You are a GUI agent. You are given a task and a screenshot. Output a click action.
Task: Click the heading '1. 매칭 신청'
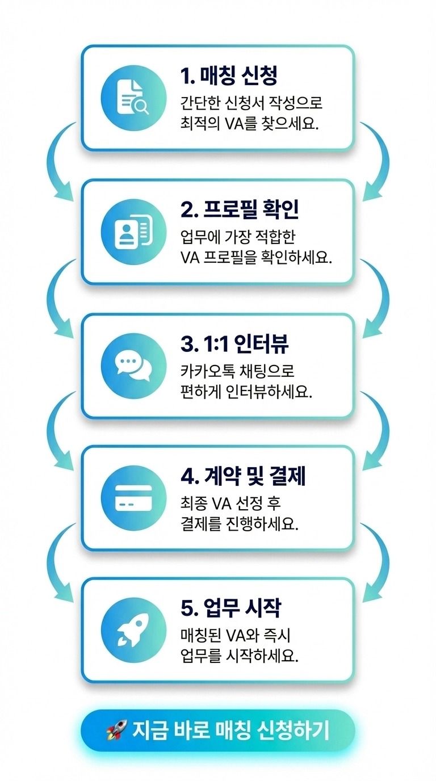click(x=229, y=75)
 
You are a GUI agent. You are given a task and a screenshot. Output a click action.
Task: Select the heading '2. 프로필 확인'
click(x=240, y=209)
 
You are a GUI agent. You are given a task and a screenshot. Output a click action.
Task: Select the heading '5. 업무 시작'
click(x=230, y=608)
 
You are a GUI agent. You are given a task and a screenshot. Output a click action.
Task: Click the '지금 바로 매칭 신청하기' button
click(x=218, y=730)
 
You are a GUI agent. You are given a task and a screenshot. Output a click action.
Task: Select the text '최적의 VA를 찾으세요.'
click(x=249, y=124)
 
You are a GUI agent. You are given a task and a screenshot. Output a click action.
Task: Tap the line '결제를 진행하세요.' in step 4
click(x=238, y=523)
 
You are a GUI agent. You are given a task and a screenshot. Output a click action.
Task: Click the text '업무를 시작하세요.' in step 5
click(x=238, y=656)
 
